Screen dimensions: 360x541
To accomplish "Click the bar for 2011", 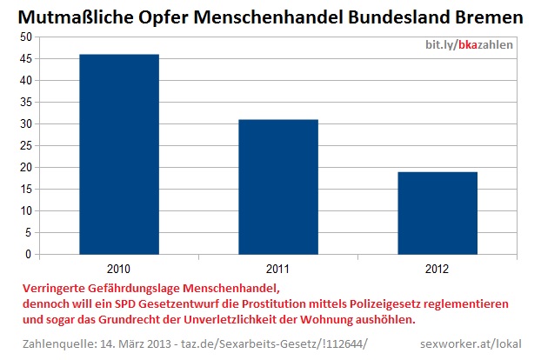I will coord(278,186).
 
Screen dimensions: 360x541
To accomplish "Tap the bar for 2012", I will coord(437,212).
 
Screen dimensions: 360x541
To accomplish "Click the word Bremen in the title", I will coord(486,17).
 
